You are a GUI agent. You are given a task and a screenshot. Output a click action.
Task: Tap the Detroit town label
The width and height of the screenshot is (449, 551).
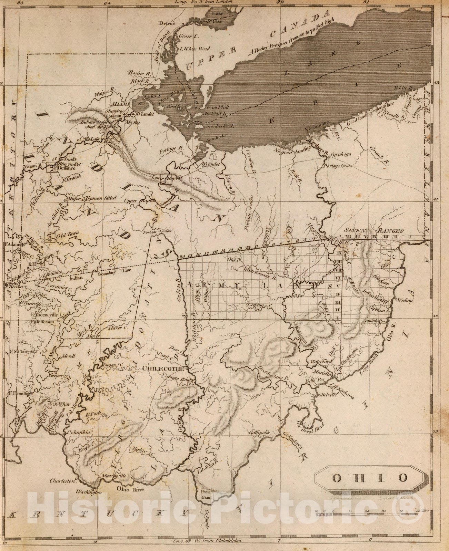coord(167,23)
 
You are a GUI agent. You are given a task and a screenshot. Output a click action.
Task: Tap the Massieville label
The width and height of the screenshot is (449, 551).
coord(114,476)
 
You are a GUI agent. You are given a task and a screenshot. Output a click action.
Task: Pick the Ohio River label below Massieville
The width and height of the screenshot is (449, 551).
coord(129,489)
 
